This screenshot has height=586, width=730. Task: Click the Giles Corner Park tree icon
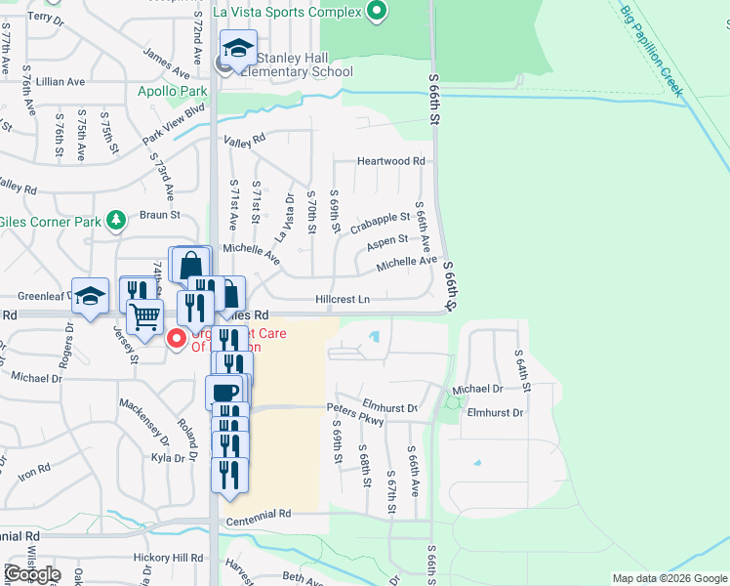[x=117, y=219]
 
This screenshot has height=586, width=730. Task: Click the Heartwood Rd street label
[x=391, y=161]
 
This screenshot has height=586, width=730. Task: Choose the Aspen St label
[x=388, y=240]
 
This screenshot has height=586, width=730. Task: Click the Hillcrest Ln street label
[x=343, y=300]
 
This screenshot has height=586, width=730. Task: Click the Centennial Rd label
[x=259, y=514]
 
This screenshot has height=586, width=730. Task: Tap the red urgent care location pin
[x=177, y=339]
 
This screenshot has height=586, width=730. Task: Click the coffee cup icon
[x=223, y=393]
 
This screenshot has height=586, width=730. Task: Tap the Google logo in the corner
[x=32, y=574]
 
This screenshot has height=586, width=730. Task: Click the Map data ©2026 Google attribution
[x=669, y=578]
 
